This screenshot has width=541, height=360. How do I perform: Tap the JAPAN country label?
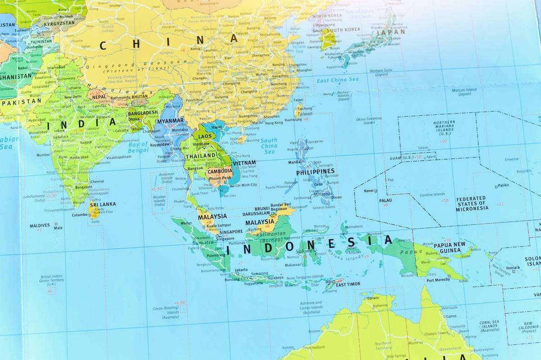390,32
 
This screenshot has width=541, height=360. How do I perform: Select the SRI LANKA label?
102,204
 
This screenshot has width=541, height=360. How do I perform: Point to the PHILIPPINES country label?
315,172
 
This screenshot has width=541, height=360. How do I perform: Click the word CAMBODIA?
220,172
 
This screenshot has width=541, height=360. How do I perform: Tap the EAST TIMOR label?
348,285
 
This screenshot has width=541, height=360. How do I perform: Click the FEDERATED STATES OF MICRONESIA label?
472,204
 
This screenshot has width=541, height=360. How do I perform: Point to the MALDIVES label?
40,225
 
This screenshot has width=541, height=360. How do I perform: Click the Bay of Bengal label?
138,147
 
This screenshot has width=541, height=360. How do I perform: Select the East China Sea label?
337,80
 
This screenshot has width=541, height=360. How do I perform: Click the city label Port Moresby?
438,280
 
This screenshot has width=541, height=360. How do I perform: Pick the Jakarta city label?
241,269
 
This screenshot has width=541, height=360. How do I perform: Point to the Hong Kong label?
274,123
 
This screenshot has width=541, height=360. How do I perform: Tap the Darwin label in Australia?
373,298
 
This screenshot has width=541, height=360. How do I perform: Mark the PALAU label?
385,201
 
